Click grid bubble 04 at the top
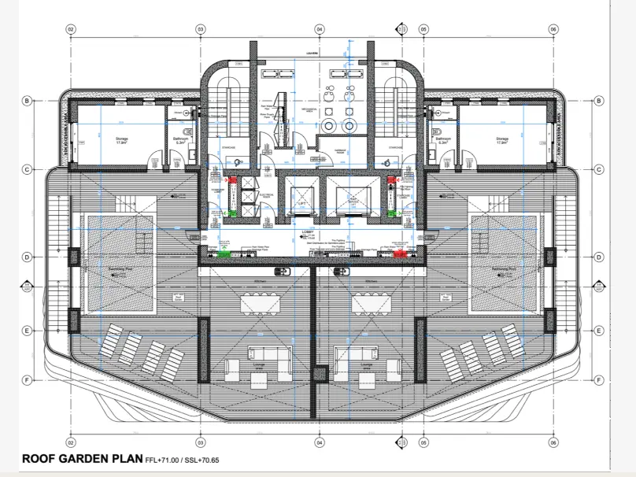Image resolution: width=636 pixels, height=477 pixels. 320,29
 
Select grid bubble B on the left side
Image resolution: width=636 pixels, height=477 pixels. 27,101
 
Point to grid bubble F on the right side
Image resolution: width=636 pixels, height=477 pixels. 599,380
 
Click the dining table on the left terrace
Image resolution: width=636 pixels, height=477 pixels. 262,303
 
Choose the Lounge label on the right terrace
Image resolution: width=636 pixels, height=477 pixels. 365,367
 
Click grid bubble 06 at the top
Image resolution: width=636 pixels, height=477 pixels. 554,29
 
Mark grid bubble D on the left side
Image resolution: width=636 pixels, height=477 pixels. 27,257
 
